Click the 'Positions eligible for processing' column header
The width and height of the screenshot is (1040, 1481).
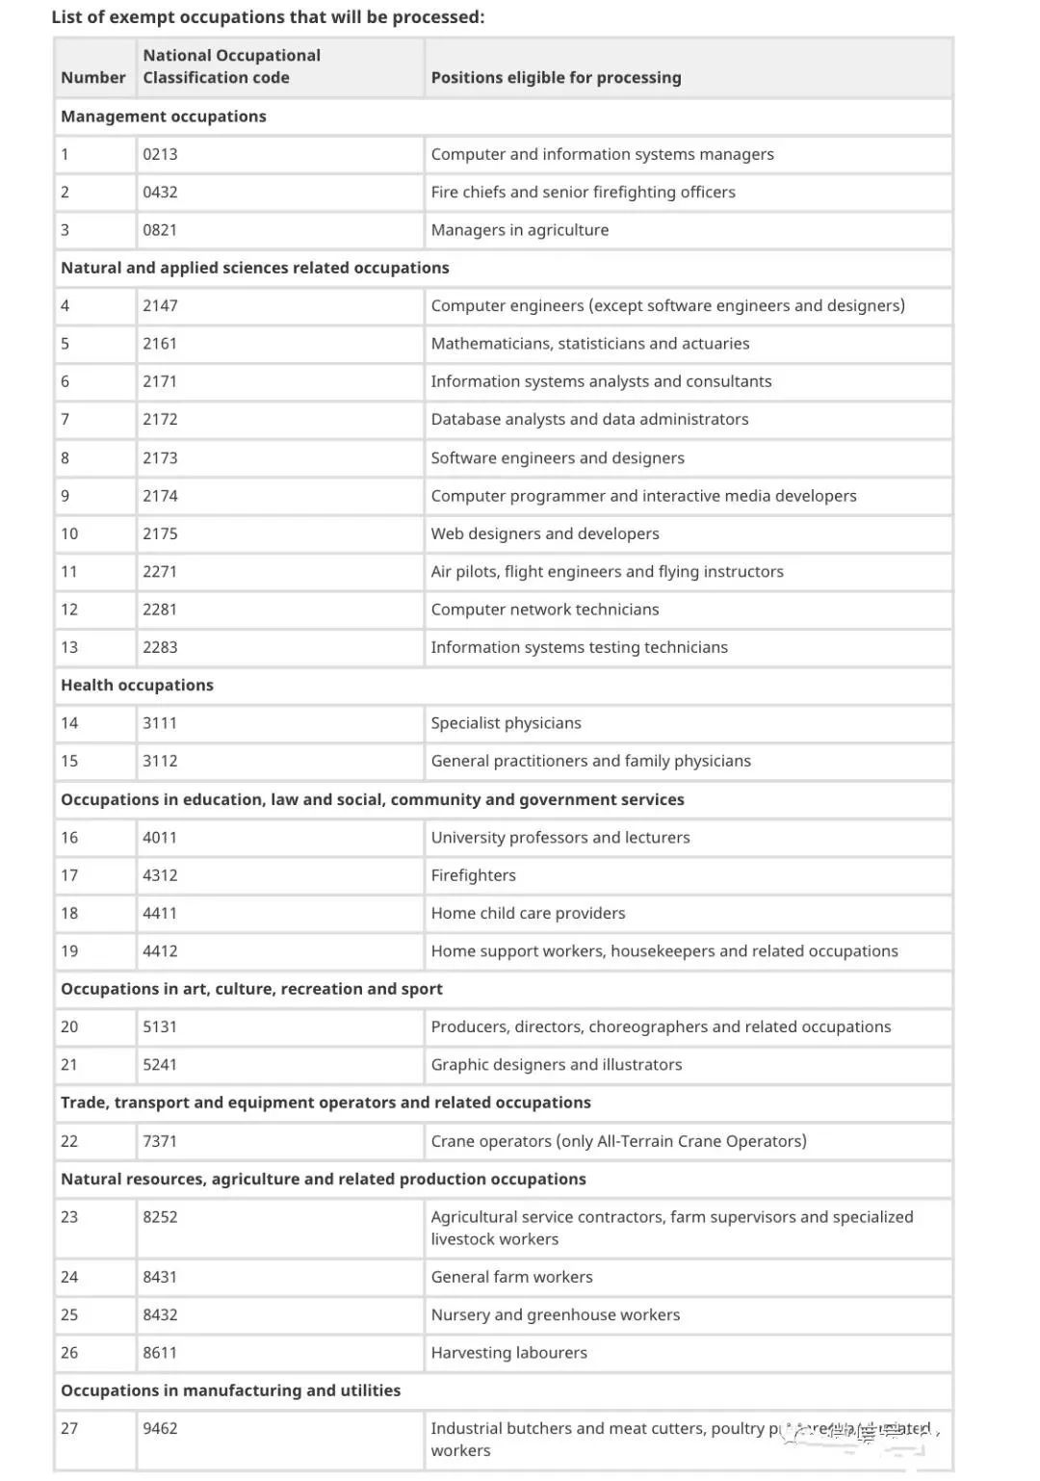(x=556, y=77)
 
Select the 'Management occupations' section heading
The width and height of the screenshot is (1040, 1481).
(x=164, y=117)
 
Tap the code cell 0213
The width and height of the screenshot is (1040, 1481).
(x=160, y=154)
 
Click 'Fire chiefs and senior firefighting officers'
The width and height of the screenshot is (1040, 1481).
(x=583, y=192)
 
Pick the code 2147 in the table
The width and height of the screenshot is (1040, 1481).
(x=160, y=305)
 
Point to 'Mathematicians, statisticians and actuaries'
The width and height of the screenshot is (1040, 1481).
(x=589, y=344)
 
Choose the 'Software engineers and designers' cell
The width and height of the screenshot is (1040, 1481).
(x=558, y=457)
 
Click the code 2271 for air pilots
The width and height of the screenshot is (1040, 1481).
(x=160, y=571)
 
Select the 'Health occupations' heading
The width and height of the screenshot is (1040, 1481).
(x=137, y=685)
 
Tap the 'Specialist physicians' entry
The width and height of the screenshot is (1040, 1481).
(x=506, y=723)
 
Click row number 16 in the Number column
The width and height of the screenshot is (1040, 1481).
(x=69, y=837)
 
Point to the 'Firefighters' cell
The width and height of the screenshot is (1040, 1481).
(x=473, y=875)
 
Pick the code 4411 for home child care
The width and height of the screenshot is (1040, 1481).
(x=160, y=913)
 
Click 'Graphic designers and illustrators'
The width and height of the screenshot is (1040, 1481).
(x=556, y=1064)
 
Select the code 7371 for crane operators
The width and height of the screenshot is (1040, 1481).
(x=160, y=1141)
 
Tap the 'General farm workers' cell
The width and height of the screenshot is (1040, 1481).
(x=511, y=1277)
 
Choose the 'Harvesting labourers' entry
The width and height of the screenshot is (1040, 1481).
(x=508, y=1353)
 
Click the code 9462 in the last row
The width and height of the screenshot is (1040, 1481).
(x=160, y=1428)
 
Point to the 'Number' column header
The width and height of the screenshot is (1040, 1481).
(x=92, y=77)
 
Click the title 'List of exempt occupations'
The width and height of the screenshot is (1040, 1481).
(x=268, y=16)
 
